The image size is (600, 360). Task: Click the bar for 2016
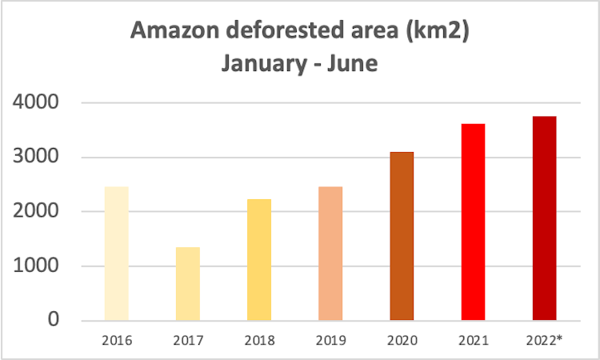117,254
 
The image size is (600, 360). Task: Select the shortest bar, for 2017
188,284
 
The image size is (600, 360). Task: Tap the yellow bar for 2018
259,260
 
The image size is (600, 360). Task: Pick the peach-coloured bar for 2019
330,254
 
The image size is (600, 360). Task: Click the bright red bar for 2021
473,222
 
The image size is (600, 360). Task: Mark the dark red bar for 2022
544,218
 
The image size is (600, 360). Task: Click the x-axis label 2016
117,340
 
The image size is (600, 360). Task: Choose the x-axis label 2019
330,340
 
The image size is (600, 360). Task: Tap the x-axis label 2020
402,340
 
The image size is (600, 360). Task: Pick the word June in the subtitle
350,62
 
